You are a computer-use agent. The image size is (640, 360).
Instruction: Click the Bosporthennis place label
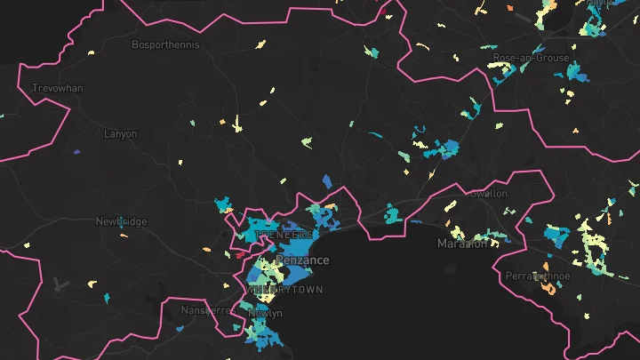click(x=165, y=44)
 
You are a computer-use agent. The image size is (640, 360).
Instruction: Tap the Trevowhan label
click(x=56, y=89)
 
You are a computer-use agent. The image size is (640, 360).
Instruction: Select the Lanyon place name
click(x=120, y=134)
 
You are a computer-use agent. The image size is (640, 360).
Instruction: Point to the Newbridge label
click(x=121, y=221)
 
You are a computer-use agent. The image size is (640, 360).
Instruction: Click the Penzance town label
click(x=302, y=260)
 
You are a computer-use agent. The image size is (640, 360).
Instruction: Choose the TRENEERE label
click(x=284, y=235)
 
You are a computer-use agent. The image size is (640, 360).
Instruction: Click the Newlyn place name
click(x=265, y=313)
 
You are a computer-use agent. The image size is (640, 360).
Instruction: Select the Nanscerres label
click(x=205, y=310)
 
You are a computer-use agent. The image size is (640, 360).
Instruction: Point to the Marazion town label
click(x=462, y=243)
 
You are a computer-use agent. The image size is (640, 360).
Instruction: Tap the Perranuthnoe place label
click(x=538, y=276)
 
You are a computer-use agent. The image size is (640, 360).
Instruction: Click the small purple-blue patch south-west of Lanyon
click(x=76, y=151)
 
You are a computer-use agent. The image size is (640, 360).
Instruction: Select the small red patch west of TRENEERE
click(x=237, y=253)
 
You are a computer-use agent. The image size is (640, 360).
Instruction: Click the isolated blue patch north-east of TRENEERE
click(x=327, y=181)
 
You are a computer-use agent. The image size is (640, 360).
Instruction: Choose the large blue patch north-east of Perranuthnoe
click(x=557, y=236)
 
